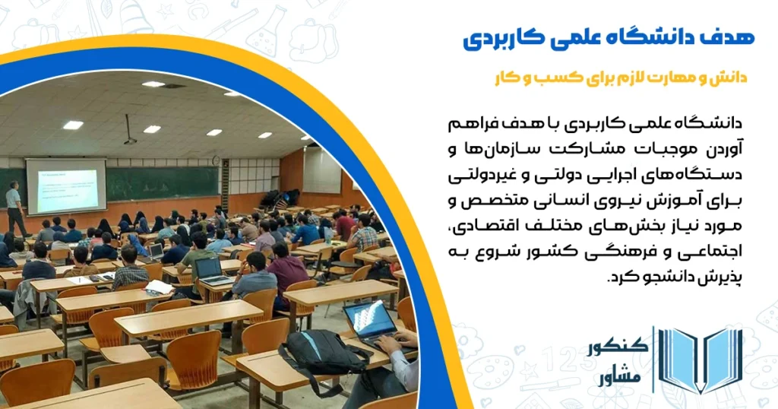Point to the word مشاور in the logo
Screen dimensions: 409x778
click(x=622, y=376)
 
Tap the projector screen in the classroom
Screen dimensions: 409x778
click(x=66, y=185)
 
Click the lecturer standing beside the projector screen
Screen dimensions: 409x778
click(x=14, y=208)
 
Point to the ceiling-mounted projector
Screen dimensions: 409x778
click(x=130, y=140)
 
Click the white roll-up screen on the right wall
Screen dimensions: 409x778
click(x=322, y=169)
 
